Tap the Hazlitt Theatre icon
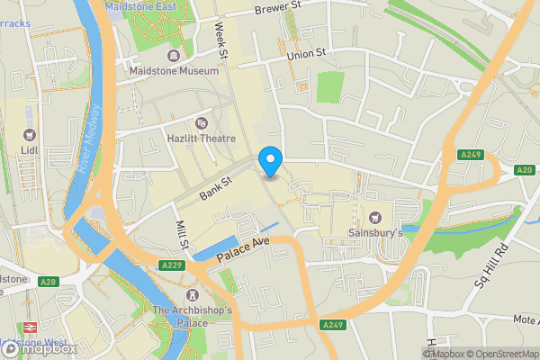coord(200,122)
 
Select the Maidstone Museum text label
coord(174,70)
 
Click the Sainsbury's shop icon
coord(375,217)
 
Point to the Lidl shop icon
coord(31,135)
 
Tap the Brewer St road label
coord(277,9)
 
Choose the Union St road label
coord(305,56)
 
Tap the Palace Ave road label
coord(244,251)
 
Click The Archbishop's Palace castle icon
coord(192,296)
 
